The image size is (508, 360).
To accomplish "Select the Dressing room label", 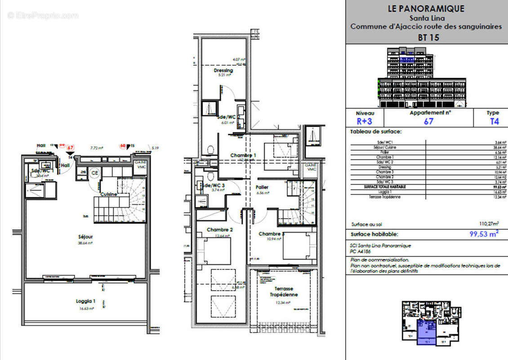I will pyautogui.click(x=223, y=71).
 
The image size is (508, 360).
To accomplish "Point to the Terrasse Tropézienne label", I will pyautogui.click(x=284, y=292).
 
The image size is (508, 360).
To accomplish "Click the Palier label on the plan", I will pyautogui.click(x=262, y=187).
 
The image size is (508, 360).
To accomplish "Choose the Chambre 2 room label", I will pyautogui.click(x=219, y=230).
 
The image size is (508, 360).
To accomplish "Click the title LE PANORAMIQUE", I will pyautogui.click(x=426, y=9).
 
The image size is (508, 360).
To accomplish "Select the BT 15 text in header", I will pyautogui.click(x=428, y=38).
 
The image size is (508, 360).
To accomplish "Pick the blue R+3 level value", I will pyautogui.click(x=365, y=121).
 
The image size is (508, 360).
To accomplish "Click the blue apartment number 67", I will pyautogui.click(x=429, y=121).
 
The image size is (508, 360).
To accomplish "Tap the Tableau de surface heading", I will pyautogui.click(x=376, y=132).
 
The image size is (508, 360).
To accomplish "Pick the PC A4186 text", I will pyautogui.click(x=360, y=252).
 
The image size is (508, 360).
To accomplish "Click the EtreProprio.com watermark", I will pyautogui.click(x=43, y=16).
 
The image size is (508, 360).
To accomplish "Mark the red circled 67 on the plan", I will pyautogui.click(x=70, y=147).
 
